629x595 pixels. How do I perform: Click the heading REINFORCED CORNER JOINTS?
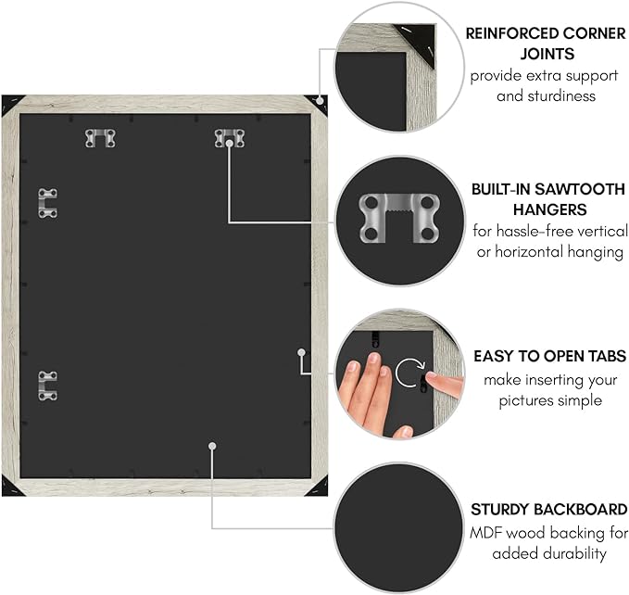546,43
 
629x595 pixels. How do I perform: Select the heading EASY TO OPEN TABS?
549,356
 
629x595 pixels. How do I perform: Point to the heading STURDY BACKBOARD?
548,510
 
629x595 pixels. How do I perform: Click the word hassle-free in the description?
542,230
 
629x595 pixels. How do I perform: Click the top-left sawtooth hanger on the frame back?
100,138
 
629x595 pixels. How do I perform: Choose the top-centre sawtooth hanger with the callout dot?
229,138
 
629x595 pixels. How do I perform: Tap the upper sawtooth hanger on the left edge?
47,203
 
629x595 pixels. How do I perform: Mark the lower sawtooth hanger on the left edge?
47,386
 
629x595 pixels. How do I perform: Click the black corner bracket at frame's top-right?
318,103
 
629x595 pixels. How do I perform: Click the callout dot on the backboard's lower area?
212,446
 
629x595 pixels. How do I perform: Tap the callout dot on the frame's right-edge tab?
302,352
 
